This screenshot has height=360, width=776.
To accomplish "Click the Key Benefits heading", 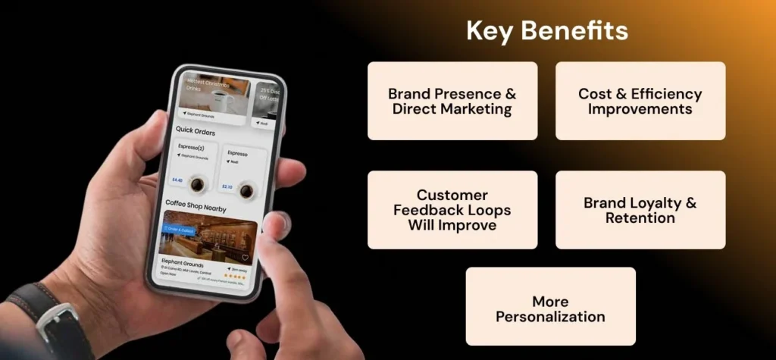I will [546, 31].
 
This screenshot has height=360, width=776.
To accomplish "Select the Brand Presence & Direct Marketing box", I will [452, 101].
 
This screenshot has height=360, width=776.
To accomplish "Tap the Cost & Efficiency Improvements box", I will [640, 101].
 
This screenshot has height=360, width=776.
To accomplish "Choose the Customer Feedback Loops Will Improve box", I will [452, 210].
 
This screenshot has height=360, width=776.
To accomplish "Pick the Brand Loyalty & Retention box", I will [640, 210].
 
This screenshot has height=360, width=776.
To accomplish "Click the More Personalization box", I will [550, 308].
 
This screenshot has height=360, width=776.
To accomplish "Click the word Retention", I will [640, 218].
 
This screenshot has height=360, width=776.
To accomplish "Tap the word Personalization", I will [550, 317].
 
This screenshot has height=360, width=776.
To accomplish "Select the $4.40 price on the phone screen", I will [178, 180].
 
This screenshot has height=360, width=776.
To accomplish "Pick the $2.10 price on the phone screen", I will [227, 186].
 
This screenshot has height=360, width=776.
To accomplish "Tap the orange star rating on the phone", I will [237, 277].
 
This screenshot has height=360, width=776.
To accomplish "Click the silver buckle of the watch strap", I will [57, 331].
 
